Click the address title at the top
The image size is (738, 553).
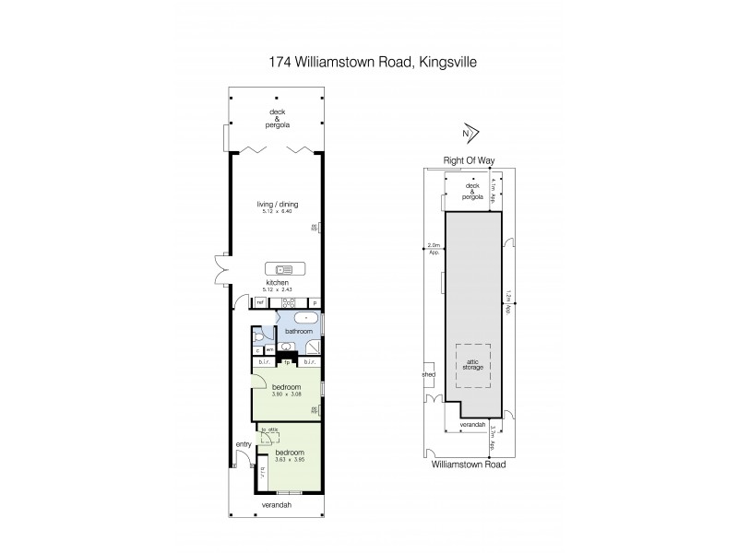click(x=370, y=62)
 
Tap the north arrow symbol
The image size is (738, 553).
click(x=471, y=132)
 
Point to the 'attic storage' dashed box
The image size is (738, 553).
click(x=473, y=367)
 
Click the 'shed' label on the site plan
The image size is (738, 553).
click(x=428, y=375)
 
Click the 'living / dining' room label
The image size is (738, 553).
click(x=278, y=205)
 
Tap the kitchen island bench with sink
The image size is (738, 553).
click(x=283, y=269)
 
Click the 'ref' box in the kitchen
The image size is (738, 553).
click(x=260, y=302)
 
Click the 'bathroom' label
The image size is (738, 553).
click(x=299, y=331)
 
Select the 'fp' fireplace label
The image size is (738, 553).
click(x=287, y=362)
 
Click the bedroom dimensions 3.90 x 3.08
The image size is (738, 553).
click(x=286, y=394)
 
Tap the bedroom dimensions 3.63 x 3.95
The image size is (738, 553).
click(x=290, y=458)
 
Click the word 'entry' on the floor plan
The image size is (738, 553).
click(x=244, y=444)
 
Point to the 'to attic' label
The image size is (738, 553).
click(x=268, y=430)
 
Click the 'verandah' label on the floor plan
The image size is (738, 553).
click(x=276, y=506)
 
